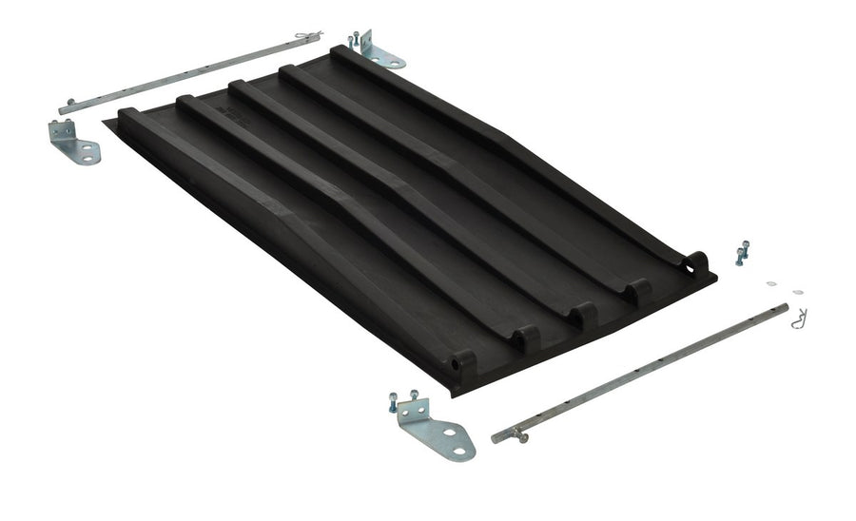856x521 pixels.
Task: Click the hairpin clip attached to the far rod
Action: (307, 37)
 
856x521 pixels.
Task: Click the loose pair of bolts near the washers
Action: (741, 254)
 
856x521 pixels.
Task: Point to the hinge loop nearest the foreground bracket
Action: (460, 362)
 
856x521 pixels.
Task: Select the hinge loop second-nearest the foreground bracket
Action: (524, 336)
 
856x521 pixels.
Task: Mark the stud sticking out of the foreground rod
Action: (522, 435)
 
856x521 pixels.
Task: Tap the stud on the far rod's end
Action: (69, 106)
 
